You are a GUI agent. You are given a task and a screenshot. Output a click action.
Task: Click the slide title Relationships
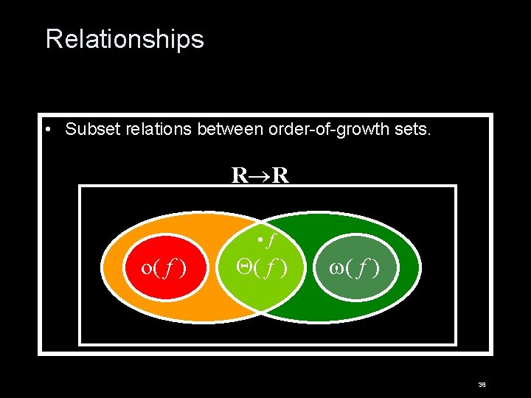click(x=125, y=38)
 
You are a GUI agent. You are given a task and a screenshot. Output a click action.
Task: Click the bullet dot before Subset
click(x=46, y=130)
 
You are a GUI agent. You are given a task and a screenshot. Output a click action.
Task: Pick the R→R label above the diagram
click(x=260, y=175)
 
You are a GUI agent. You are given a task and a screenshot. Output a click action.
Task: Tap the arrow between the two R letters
click(x=260, y=176)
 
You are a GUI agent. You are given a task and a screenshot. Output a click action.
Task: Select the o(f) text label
click(x=163, y=267)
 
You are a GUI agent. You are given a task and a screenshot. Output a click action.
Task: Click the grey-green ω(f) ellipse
click(x=355, y=247)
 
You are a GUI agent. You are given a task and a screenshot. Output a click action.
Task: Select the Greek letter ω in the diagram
click(x=338, y=267)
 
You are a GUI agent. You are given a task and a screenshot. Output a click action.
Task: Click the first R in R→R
click(x=239, y=175)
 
